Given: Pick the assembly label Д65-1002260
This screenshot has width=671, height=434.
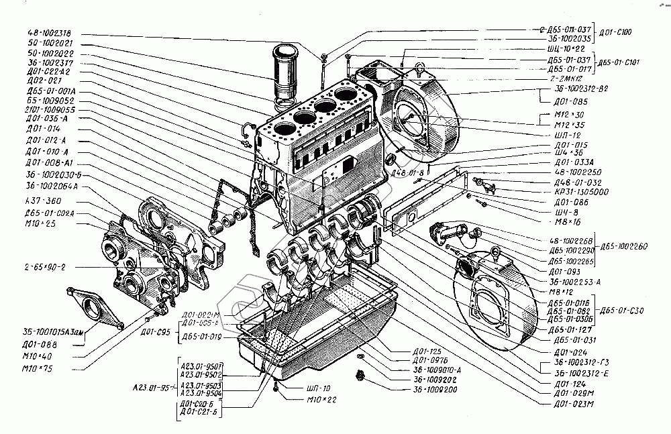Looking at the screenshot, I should click(x=625, y=246).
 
